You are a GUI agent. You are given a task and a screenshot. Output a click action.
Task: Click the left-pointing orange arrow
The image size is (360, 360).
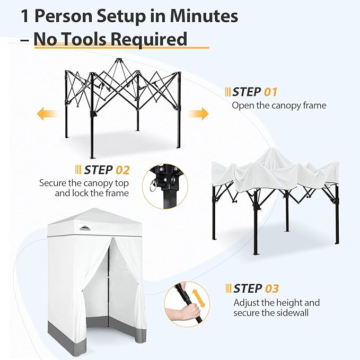click(x=47, y=114)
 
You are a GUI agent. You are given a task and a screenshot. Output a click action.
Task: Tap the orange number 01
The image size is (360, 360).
click(x=270, y=92)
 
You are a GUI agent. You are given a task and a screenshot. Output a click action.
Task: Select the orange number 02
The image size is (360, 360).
click(x=122, y=170)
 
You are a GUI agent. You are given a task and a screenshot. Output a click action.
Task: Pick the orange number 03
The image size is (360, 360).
click(x=272, y=288)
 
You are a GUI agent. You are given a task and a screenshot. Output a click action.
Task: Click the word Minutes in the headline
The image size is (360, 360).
click(x=204, y=16)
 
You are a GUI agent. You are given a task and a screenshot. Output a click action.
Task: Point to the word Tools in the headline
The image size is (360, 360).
click(x=84, y=39)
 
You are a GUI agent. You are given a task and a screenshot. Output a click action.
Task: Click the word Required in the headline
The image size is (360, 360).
click(x=149, y=40)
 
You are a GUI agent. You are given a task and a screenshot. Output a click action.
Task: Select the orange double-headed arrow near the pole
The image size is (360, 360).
click(x=198, y=298)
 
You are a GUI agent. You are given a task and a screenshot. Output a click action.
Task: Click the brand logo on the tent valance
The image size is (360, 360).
click(x=85, y=227)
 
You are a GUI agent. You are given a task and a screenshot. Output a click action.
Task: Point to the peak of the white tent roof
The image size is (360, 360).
click(x=94, y=208)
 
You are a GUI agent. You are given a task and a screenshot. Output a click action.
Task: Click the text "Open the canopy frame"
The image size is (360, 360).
click(x=279, y=106)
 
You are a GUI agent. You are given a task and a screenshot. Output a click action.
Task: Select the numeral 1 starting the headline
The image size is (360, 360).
click(x=25, y=16)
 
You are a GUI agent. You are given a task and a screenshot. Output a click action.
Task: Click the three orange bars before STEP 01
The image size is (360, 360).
click(x=228, y=92)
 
